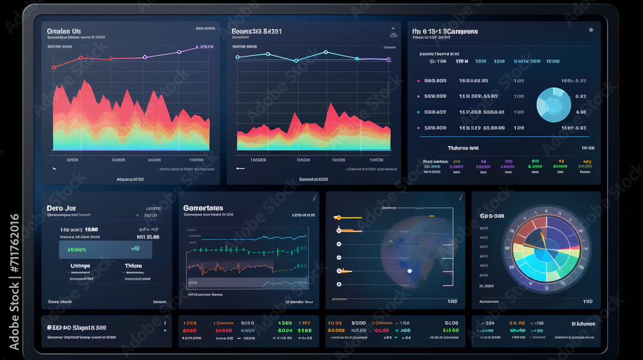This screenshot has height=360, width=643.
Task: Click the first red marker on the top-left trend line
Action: pyautogui.click(x=54, y=67)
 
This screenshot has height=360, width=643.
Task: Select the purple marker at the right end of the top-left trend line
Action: pyautogui.click(x=197, y=48)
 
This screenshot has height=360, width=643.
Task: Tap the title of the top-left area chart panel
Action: pyautogui.click(x=64, y=31)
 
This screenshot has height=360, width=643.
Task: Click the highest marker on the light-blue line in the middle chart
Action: pyautogui.click(x=325, y=52)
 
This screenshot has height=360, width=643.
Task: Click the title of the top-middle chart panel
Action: pyautogui.click(x=256, y=31)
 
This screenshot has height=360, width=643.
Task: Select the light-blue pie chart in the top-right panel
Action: pyautogui.click(x=553, y=105)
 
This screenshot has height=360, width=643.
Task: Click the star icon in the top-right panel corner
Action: pyautogui.click(x=591, y=30)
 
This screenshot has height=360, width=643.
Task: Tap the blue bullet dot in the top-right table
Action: pyautogui.click(x=419, y=112)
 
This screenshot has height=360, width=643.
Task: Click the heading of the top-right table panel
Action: pyautogui.click(x=445, y=31)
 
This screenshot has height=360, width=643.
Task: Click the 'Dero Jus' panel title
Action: pyautogui.click(x=62, y=208)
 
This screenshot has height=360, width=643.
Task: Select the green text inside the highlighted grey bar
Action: pyautogui.click(x=77, y=249)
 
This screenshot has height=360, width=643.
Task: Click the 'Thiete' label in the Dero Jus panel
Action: pyautogui.click(x=133, y=265)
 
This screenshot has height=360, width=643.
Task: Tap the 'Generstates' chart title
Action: pyautogui.click(x=203, y=208)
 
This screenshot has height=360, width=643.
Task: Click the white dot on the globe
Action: pyautogui.click(x=409, y=271)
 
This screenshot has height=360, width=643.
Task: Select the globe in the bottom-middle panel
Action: pyautogui.click(x=412, y=251)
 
